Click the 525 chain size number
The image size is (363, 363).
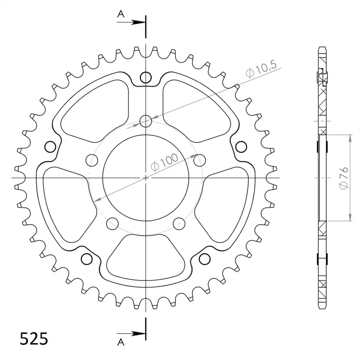[34, 339]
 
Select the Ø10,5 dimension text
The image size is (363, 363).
[261, 69]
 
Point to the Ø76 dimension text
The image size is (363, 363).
[343, 177]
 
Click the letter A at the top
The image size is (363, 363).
[121, 15]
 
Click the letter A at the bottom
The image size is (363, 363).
[121, 342]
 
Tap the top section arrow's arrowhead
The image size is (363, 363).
[138, 22]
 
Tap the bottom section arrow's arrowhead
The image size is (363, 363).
[138, 334]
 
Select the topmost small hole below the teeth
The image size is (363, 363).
[146, 77]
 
